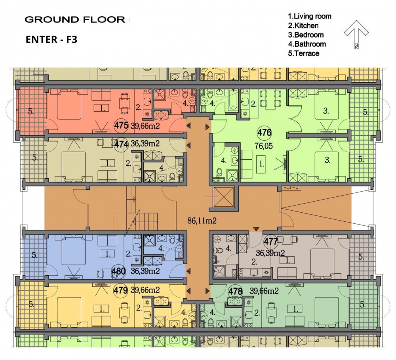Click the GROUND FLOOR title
pos(75,19)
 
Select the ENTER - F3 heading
pos(51,40)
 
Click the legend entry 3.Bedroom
pos(306,34)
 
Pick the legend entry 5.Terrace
pos(304,53)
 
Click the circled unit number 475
pos(121,125)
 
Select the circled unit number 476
pos(265,132)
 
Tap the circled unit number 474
pos(121,144)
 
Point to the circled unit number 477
pos(271,242)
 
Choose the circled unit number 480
pos(118,271)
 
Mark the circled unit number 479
pos(121,290)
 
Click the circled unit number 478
pos(235,291)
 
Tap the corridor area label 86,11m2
pos(202,221)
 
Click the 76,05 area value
pos(264,146)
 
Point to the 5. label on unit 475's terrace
pos(31,111)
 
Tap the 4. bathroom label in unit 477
pos(228,249)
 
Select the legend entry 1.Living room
pos(310,16)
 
